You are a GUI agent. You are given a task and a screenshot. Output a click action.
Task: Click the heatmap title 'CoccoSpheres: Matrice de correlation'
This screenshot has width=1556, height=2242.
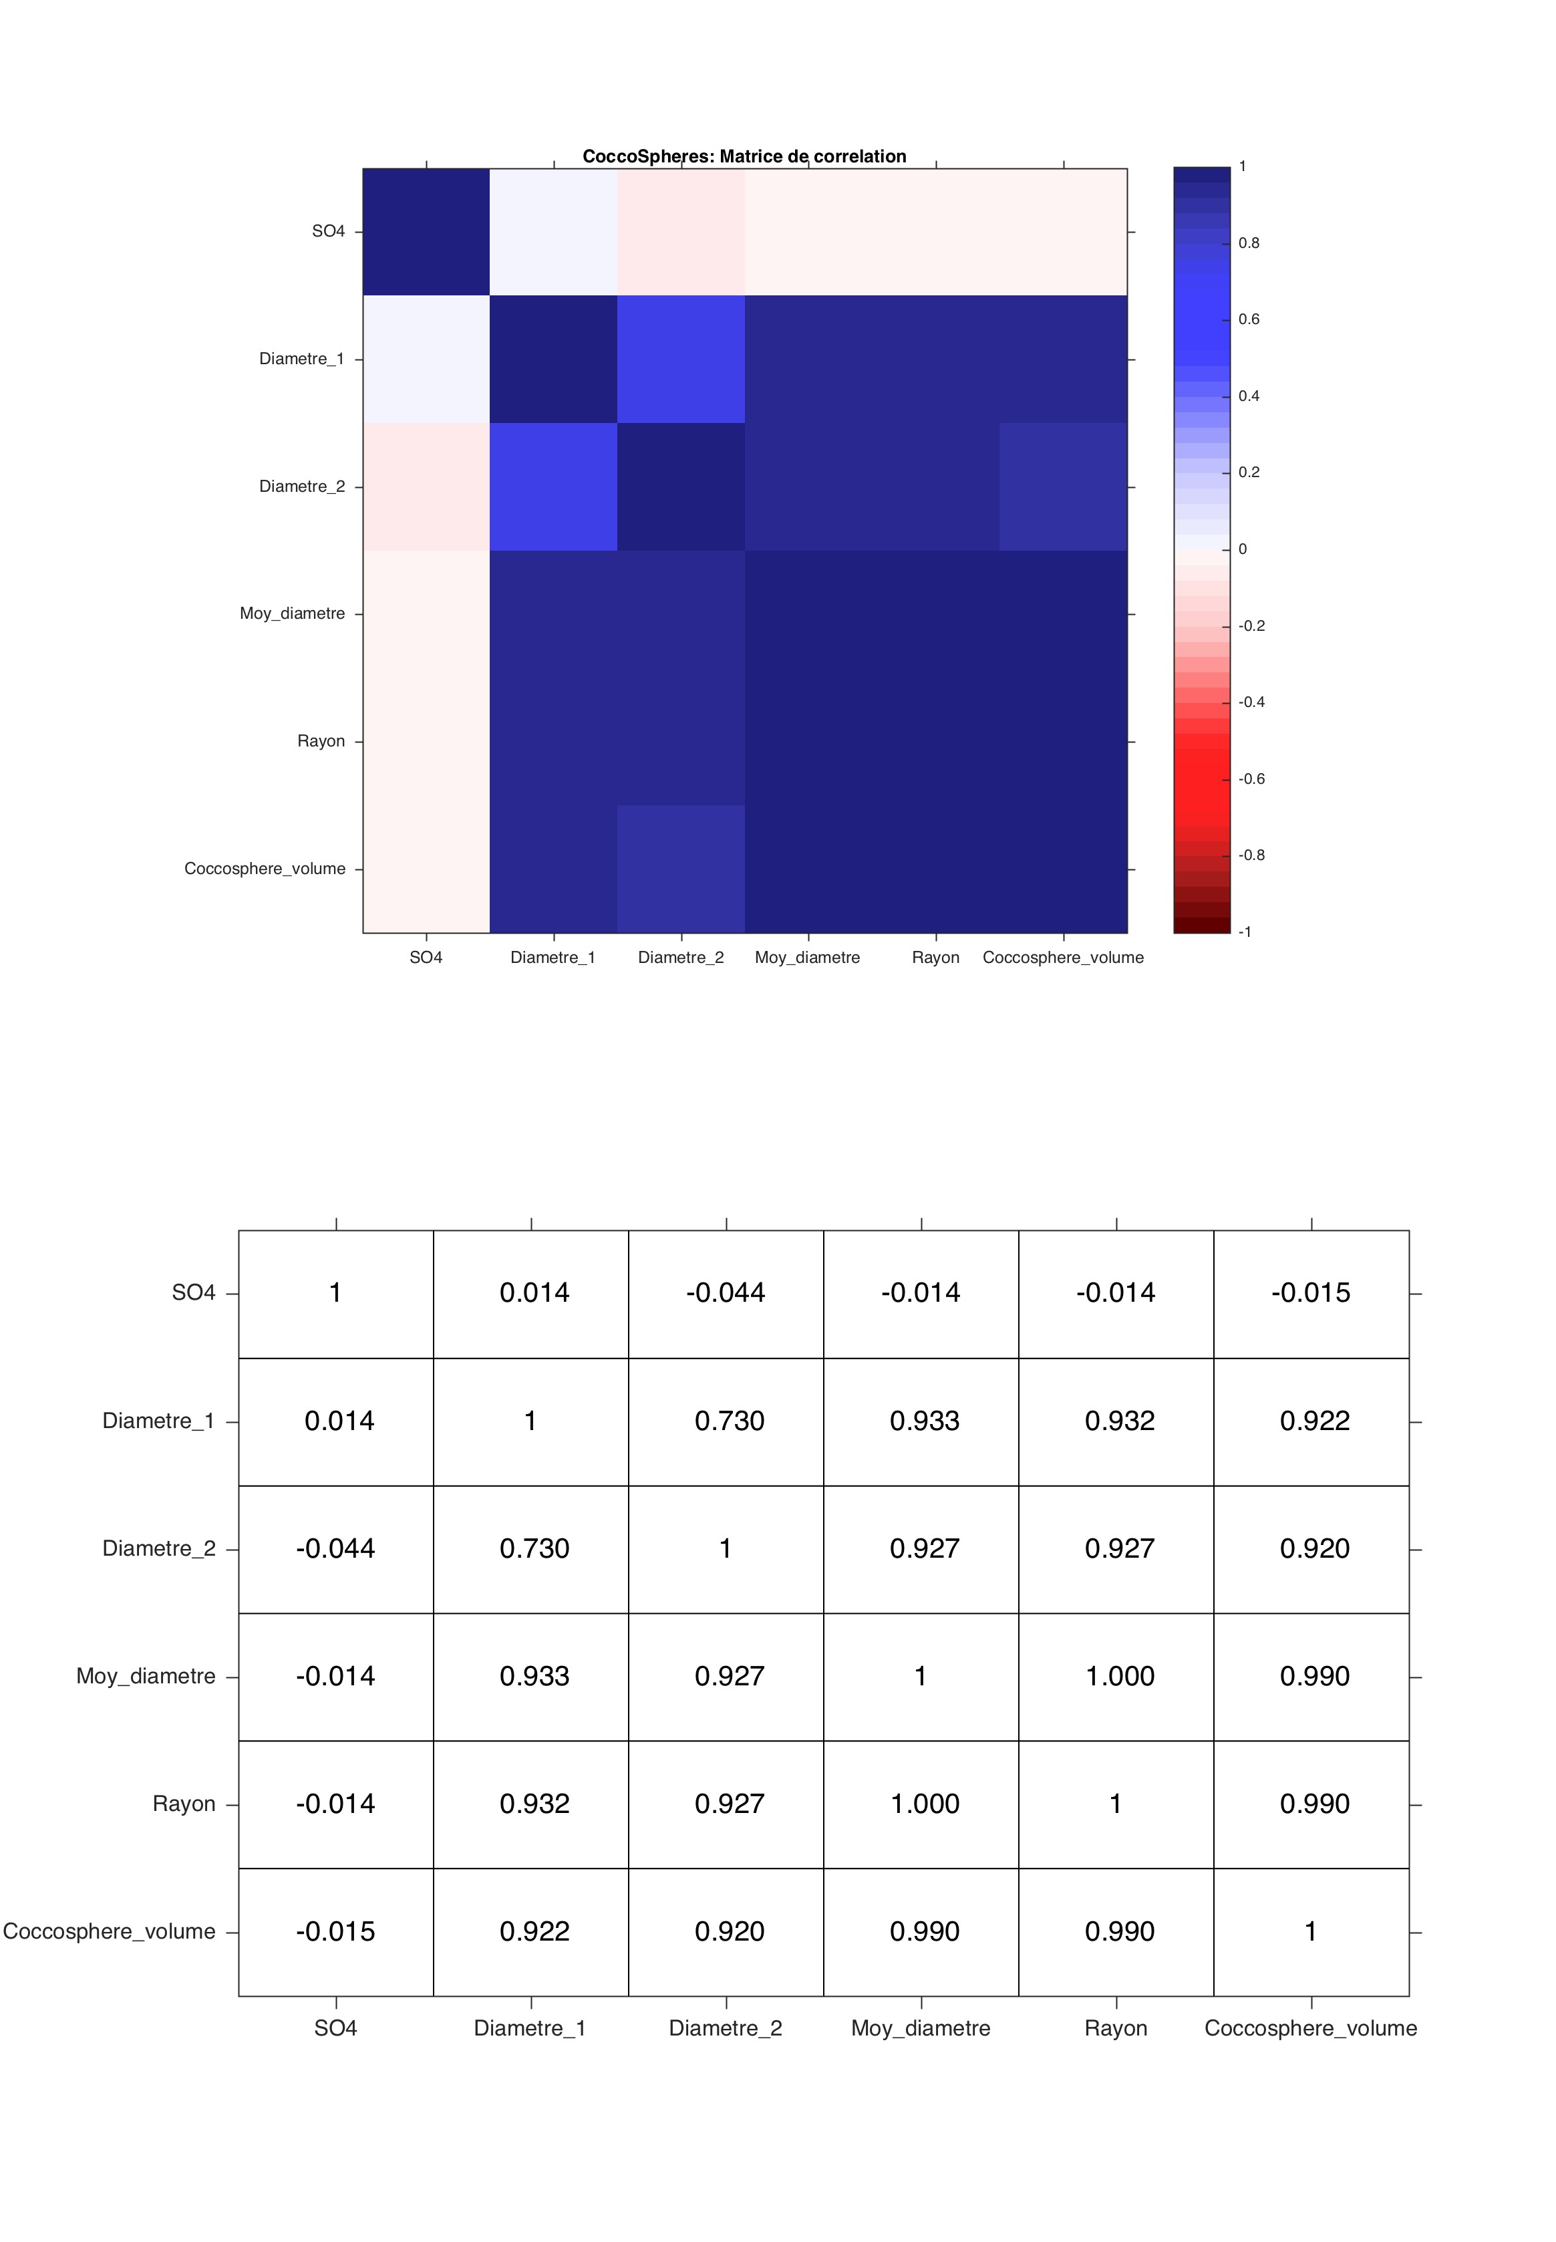744,156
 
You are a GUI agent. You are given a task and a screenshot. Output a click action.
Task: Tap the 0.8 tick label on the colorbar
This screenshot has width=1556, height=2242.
1248,243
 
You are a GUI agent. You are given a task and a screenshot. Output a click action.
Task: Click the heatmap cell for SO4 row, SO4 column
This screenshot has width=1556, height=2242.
426,232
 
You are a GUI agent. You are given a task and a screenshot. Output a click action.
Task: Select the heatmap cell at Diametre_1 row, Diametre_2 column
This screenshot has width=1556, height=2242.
681,359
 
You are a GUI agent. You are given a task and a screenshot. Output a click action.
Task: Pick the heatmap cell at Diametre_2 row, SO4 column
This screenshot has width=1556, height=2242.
426,486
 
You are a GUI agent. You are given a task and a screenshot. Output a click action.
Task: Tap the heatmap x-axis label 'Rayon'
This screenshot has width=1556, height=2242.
935,958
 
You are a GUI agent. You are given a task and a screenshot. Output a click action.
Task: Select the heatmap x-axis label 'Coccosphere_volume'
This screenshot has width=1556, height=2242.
1063,958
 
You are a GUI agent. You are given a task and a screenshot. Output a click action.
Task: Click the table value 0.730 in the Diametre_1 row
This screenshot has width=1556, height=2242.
730,1421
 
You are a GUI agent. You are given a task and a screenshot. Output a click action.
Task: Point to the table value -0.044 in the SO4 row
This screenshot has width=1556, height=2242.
726,1293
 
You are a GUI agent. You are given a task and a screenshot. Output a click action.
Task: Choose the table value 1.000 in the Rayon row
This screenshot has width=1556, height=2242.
924,1804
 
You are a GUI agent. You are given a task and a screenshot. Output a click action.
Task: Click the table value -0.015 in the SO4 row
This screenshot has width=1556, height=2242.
1310,1293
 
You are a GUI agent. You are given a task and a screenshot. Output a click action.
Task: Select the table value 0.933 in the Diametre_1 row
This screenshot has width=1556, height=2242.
924,1421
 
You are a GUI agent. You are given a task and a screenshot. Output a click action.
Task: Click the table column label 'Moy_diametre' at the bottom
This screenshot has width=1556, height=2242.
921,2028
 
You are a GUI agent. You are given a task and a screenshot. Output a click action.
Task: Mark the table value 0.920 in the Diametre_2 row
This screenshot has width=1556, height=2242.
1314,1548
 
